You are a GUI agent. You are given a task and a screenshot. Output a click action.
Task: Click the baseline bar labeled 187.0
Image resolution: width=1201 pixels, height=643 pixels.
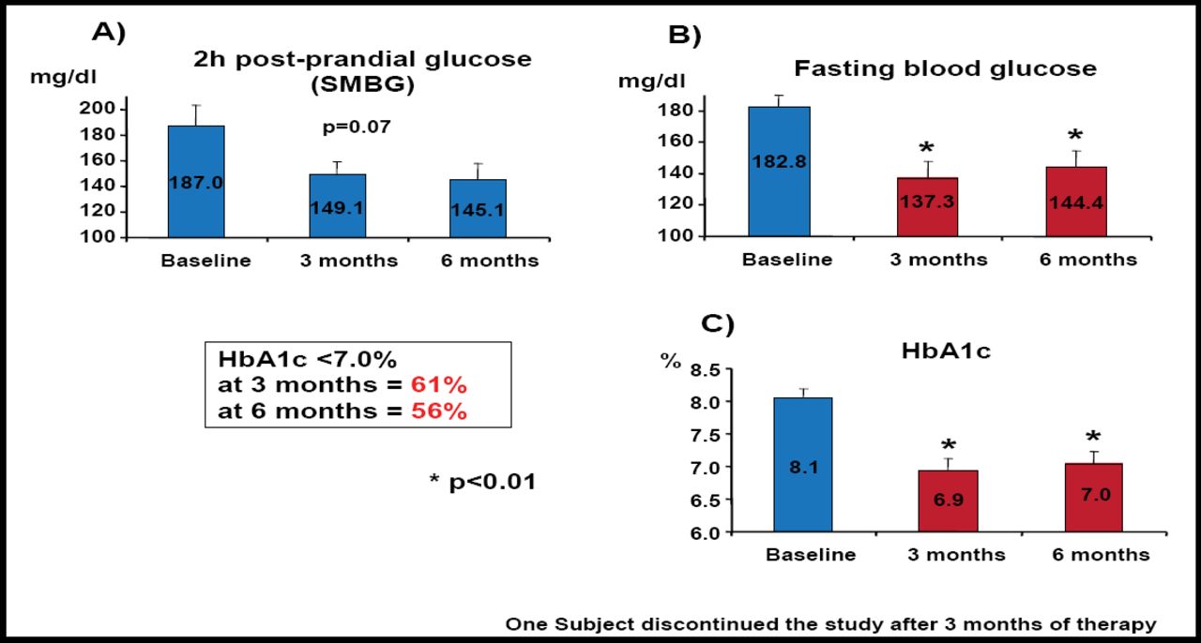[x=196, y=182]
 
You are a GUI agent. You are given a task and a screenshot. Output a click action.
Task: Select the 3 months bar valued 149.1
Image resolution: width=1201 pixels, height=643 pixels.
[x=338, y=205]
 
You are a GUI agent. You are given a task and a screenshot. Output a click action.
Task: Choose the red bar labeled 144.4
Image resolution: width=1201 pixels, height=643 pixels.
[x=1077, y=202]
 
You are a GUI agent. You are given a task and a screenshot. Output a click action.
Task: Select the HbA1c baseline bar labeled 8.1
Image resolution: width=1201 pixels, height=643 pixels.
[x=803, y=465]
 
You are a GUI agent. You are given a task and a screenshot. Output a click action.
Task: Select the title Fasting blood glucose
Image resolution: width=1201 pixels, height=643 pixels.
[x=945, y=68]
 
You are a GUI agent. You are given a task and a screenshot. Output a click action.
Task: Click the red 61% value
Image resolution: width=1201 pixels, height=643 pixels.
[x=439, y=385]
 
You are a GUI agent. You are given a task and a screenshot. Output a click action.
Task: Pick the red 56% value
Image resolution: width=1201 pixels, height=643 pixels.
[x=439, y=411]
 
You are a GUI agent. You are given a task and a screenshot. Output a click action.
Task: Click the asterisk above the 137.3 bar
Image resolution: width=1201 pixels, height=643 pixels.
[x=926, y=149]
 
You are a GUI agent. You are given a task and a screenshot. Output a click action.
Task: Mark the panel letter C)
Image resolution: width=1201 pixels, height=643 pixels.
[x=718, y=325]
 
